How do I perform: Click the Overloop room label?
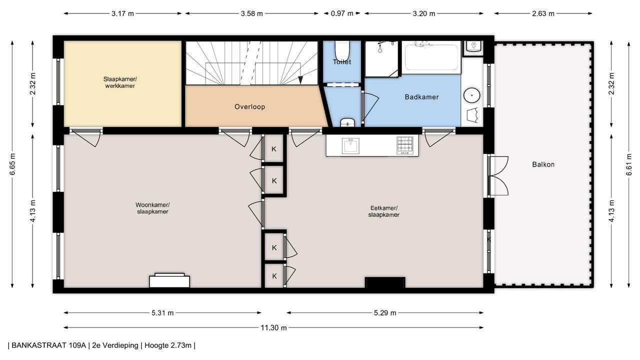coord(249,107)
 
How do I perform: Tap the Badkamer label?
coord(421,97)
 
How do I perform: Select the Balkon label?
coord(543,164)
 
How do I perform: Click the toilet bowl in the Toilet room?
coord(342,50)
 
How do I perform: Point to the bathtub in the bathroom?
coord(431,57)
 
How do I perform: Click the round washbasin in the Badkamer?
coord(471,95)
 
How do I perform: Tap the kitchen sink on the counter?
coord(350,145)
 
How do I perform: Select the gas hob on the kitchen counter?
coord(405,145)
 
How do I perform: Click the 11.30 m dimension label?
coord(273,327)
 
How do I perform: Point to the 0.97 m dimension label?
coord(342,13)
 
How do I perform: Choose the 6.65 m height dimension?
coord(12,164)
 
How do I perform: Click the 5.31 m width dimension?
coord(162,313)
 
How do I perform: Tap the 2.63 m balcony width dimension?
coord(543,13)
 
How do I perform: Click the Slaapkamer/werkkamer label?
coord(120,82)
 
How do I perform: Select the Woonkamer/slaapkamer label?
coord(152,208)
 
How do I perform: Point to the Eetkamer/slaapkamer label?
coord(383,211)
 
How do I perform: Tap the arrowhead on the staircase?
coord(300,80)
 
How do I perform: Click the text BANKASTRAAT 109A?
coord(48,345)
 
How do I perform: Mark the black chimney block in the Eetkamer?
coord(385,282)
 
